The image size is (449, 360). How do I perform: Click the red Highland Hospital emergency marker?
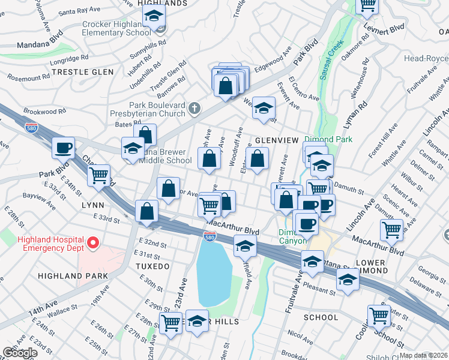coord(92,243)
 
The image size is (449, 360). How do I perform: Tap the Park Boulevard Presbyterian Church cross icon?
coord(193,109)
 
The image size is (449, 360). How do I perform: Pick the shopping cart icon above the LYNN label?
coord(99,175)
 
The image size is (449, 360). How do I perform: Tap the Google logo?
coord(20,353)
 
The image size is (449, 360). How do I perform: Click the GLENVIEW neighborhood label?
coord(277,140)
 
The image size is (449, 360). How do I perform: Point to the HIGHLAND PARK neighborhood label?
coord(73,276)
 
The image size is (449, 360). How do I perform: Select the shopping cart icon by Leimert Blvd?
coord(367,5)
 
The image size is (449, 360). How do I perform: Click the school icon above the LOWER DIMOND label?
coord(348,279)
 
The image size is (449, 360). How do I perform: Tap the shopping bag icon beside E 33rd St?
coord(147,211)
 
